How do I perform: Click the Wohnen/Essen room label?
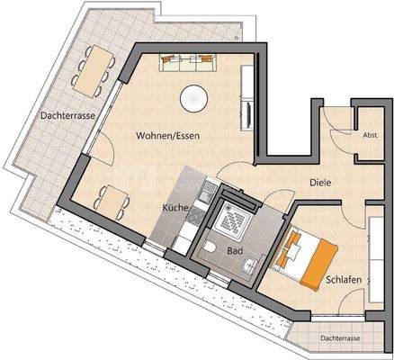coord(167,136)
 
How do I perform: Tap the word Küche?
coord(175,207)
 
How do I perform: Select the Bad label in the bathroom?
coord(236,251)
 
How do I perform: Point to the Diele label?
coord(320,182)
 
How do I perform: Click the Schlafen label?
coord(345,280)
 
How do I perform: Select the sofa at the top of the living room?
coord(191,62)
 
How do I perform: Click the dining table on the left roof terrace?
coord(87,72)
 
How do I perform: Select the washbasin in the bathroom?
coord(255,263)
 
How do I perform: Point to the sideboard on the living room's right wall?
coord(247,112)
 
